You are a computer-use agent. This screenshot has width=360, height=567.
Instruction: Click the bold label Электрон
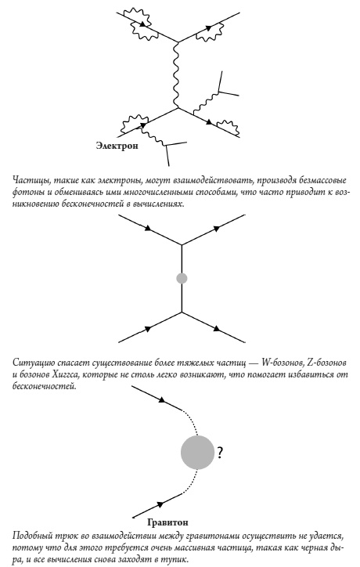[117, 146]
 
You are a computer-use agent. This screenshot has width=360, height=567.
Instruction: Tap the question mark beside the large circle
[221, 453]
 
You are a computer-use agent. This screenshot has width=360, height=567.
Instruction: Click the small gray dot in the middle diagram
[182, 278]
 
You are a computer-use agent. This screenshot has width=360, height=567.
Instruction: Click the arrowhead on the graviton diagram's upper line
[162, 400]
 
